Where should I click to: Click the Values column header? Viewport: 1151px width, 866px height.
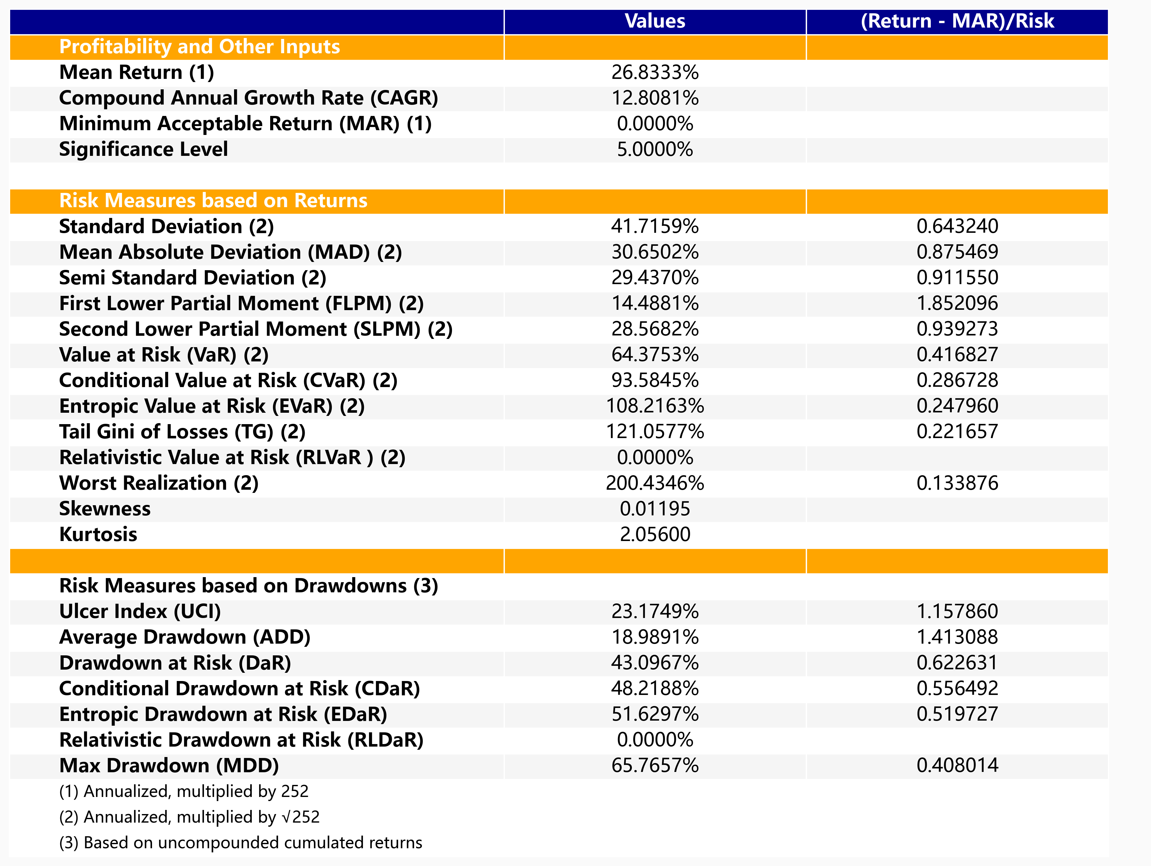[655, 21]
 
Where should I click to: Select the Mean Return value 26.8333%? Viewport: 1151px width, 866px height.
[655, 72]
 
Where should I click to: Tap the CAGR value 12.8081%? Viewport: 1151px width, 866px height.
[655, 98]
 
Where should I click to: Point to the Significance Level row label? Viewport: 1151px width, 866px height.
[143, 150]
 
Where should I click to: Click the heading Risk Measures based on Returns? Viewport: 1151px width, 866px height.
[213, 201]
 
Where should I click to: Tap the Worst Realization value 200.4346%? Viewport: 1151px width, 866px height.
[655, 483]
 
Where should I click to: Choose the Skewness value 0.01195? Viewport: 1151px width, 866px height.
[655, 508]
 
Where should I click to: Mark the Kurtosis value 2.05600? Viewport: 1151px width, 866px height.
[655, 534]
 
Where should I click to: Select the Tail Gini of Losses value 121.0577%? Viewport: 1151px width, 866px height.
[655, 431]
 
